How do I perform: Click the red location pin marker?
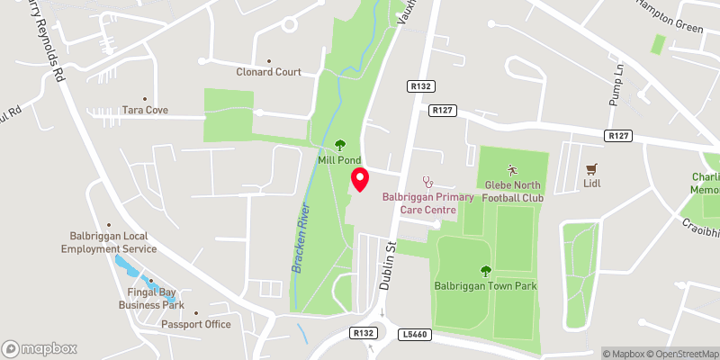click(x=359, y=179)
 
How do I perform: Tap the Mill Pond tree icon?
click(x=340, y=144)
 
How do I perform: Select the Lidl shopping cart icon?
click(x=591, y=168)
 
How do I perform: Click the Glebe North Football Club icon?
click(x=512, y=169)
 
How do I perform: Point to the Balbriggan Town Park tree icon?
click(x=486, y=269)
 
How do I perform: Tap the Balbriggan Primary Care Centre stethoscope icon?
click(x=427, y=182)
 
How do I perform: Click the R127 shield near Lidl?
click(x=616, y=135)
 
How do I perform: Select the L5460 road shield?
click(x=415, y=333)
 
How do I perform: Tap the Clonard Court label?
click(x=268, y=72)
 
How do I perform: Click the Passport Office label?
click(x=196, y=324)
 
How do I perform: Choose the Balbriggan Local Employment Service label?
click(x=109, y=242)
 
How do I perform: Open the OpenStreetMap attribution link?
click(x=684, y=353)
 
